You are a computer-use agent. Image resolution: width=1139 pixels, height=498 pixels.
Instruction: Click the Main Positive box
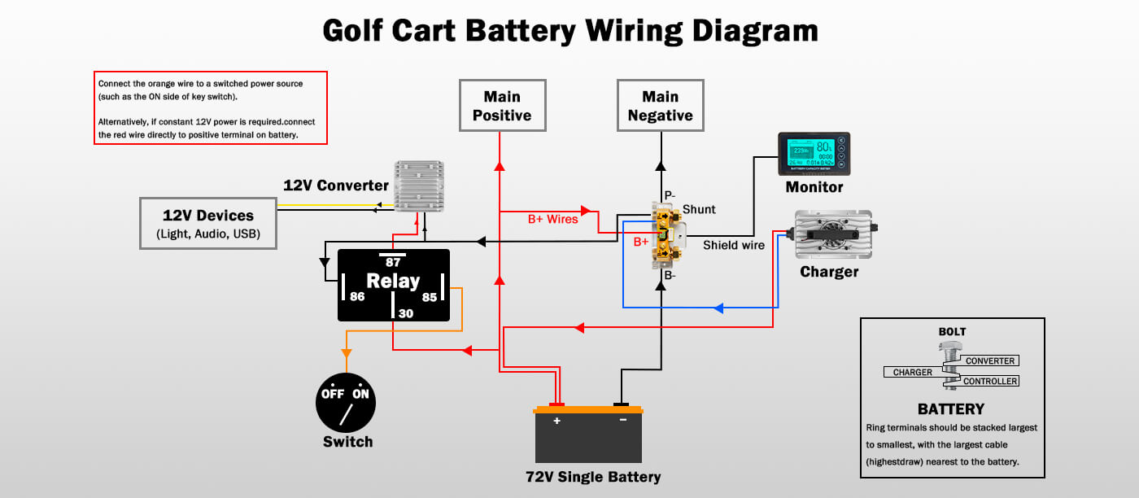click(x=502, y=106)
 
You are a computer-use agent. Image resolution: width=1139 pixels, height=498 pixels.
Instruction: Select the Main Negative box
click(x=660, y=106)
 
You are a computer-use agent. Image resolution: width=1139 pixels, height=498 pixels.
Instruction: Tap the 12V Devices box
click(x=208, y=223)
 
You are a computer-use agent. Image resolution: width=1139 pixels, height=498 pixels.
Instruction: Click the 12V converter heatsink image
click(x=420, y=186)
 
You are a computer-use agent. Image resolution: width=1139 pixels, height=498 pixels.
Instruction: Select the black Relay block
click(x=394, y=285)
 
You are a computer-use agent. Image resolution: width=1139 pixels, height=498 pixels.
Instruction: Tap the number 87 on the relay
click(x=393, y=262)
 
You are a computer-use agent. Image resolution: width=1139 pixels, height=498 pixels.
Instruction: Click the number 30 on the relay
click(x=405, y=312)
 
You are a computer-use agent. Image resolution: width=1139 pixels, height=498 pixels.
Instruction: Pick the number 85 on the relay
click(x=429, y=297)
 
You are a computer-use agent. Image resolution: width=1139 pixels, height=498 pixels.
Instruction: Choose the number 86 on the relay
click(x=357, y=297)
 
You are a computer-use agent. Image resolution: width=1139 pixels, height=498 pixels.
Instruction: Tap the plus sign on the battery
click(x=557, y=421)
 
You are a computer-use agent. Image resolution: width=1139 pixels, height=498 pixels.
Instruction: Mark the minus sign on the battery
click(x=622, y=421)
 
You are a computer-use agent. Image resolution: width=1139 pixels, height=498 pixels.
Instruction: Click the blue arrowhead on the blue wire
click(x=718, y=308)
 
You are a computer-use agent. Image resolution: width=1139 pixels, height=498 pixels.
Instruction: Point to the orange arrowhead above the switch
click(x=346, y=353)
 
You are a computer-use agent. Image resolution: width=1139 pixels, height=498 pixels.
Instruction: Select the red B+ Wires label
click(x=553, y=219)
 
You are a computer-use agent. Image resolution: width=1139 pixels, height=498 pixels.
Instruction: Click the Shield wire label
click(x=734, y=245)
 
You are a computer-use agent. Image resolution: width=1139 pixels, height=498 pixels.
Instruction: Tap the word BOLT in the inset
click(x=952, y=332)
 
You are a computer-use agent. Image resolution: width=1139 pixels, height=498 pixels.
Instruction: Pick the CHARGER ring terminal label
click(x=913, y=373)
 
